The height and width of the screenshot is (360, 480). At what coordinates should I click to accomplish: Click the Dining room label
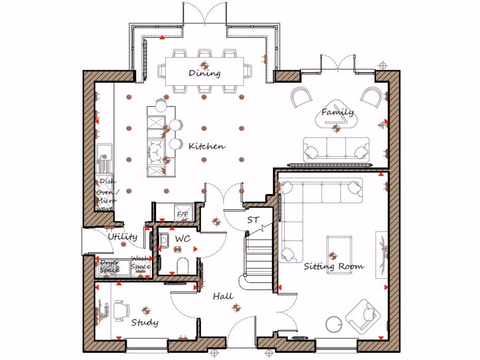(x=204, y=73)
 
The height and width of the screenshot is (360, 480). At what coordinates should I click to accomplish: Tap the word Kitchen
(x=206, y=146)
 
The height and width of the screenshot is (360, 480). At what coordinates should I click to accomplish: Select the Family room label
(x=337, y=112)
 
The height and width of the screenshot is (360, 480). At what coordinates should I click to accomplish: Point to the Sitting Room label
(x=334, y=267)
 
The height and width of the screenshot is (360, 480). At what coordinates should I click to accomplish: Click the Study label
(x=144, y=322)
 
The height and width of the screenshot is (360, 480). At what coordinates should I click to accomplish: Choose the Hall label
(x=223, y=296)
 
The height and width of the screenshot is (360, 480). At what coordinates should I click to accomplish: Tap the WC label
(x=182, y=239)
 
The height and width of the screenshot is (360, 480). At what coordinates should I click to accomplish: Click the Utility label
(x=122, y=237)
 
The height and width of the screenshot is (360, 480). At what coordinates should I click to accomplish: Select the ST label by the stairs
(x=253, y=219)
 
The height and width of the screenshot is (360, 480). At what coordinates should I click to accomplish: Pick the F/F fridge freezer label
(x=182, y=215)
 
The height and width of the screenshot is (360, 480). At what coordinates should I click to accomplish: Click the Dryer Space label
(x=109, y=266)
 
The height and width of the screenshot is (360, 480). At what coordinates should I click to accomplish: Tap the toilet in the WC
(x=183, y=265)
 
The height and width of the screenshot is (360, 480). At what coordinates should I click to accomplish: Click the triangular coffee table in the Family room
(x=337, y=115)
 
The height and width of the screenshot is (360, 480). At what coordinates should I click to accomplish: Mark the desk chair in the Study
(x=121, y=310)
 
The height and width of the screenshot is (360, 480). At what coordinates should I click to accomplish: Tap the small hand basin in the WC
(x=164, y=240)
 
